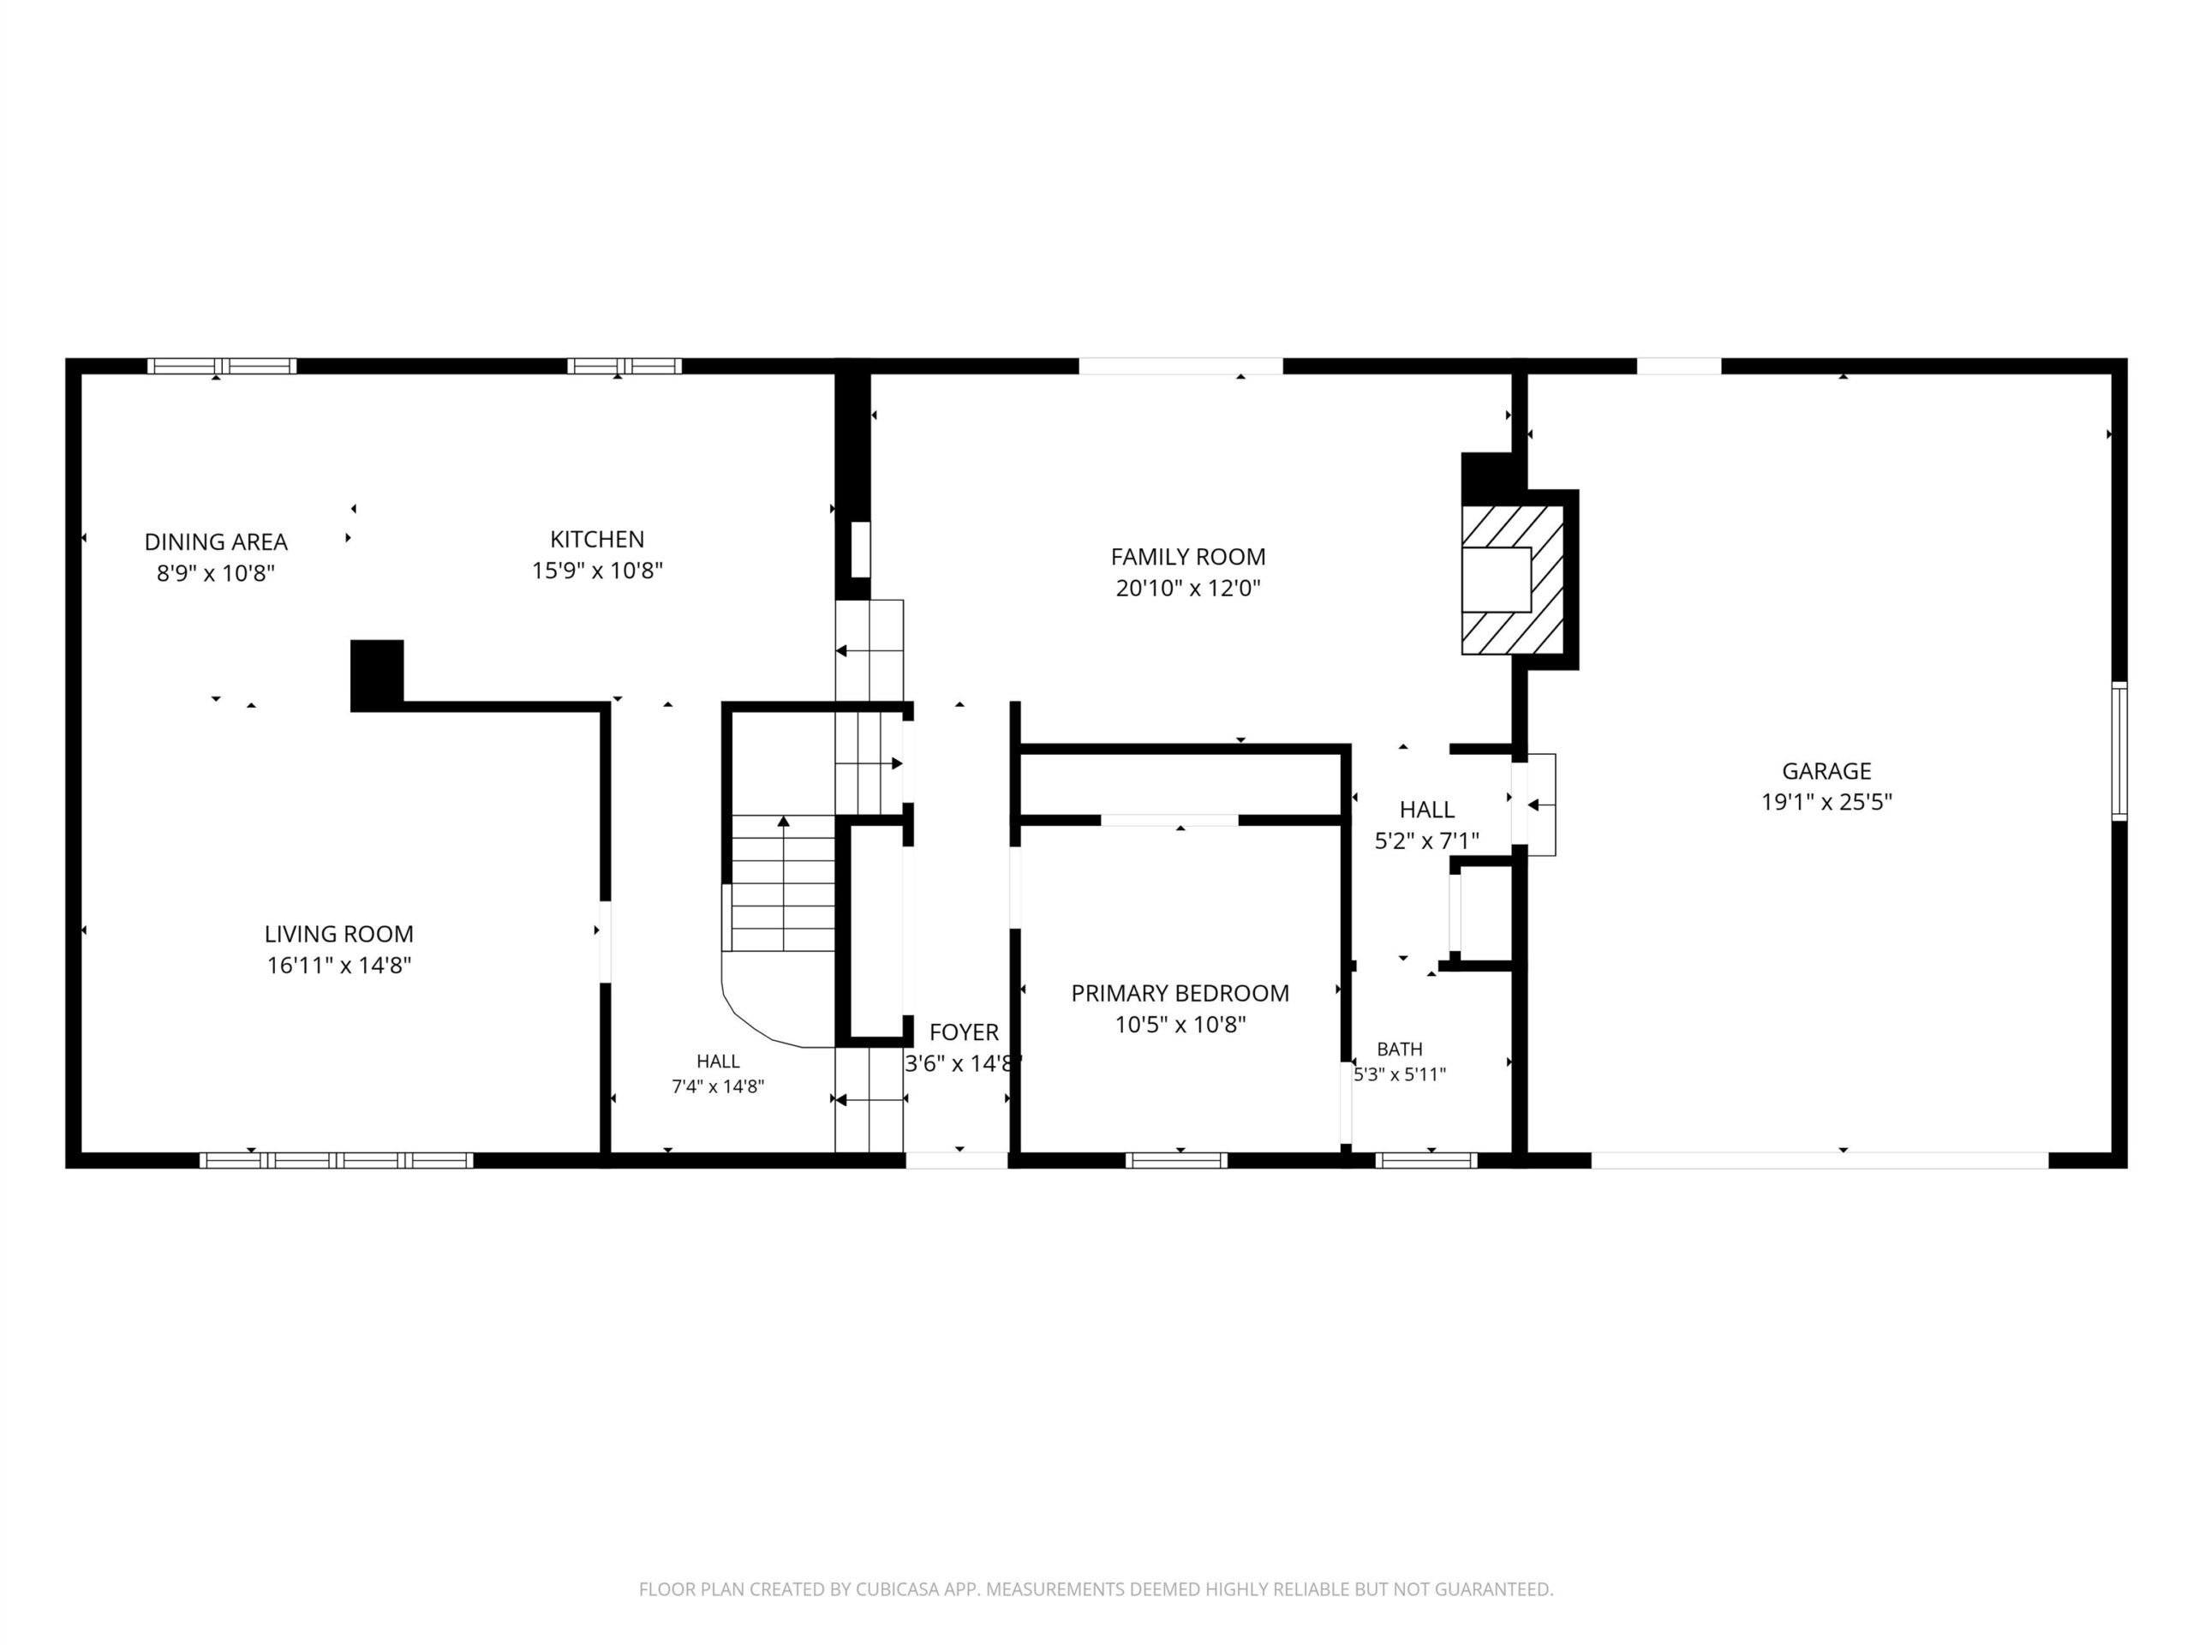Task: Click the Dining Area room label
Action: click(216, 542)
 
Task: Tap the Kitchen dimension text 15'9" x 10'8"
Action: click(597, 570)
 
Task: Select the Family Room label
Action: click(1187, 556)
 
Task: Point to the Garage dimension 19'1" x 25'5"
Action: click(1826, 801)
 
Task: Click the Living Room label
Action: click(339, 933)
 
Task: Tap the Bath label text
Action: click(1400, 1048)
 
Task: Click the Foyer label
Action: click(964, 1032)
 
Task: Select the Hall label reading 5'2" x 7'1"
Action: click(1426, 840)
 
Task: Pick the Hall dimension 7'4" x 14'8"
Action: click(718, 1086)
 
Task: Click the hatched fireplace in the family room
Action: click(1512, 579)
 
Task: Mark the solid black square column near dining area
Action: click(377, 674)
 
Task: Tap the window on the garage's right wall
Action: click(2119, 751)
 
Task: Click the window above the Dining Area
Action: click(222, 366)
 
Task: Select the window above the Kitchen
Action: click(624, 366)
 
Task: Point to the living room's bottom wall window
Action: click(336, 1160)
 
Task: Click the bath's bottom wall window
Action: click(1426, 1160)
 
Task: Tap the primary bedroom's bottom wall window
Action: click(1176, 1160)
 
